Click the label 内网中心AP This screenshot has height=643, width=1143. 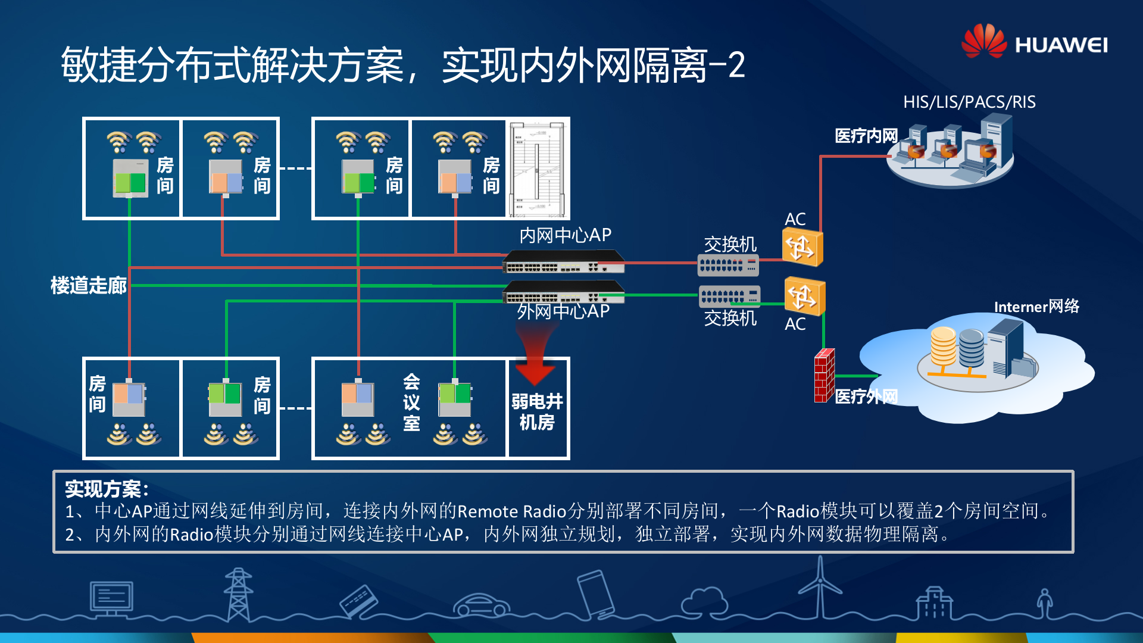tap(565, 235)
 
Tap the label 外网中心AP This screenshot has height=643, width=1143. tap(563, 311)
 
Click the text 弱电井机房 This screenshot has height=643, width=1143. tap(537, 411)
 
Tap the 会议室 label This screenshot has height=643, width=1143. tap(411, 402)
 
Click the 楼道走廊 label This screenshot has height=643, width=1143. tap(88, 285)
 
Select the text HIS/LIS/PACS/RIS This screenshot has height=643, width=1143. tap(969, 102)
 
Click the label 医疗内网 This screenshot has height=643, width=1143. tap(866, 136)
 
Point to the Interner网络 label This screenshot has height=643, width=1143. tap(1036, 307)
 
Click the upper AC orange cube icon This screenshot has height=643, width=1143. tap(802, 247)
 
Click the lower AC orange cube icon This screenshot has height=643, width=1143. tap(804, 296)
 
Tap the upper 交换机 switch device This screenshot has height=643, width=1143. tap(727, 265)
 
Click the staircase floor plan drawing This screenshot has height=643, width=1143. tap(538, 169)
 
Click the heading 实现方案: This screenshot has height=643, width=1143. tap(106, 489)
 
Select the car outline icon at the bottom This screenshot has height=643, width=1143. tap(481, 604)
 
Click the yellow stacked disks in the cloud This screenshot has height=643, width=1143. tap(943, 347)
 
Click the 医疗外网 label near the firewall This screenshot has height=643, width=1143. tap(866, 396)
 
